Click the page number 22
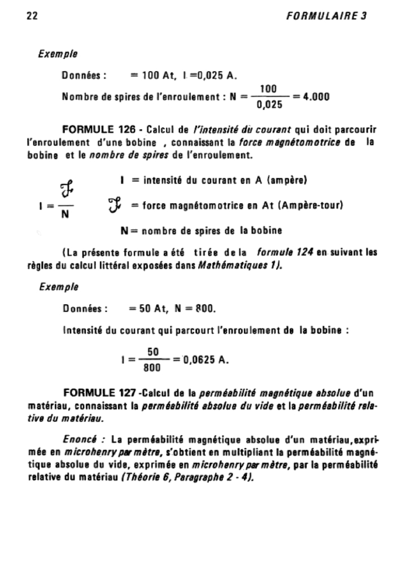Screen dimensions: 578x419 33,16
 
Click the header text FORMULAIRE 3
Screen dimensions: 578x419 326,16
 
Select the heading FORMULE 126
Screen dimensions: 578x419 99,130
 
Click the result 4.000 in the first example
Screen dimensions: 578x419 316,97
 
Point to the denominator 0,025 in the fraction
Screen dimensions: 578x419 269,104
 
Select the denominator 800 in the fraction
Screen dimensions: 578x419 152,368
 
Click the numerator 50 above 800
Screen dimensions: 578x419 152,352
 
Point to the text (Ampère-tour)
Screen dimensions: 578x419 310,206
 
